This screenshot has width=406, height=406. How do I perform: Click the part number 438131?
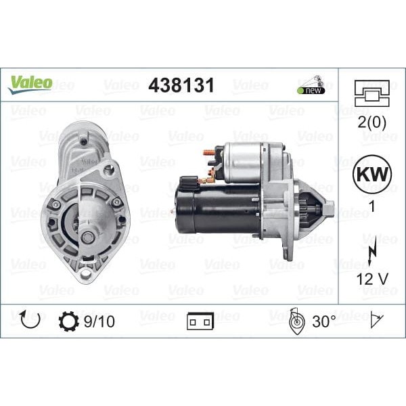point(181,85)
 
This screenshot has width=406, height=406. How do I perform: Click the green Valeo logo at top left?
point(30,83)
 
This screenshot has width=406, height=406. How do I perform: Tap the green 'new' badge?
point(311,90)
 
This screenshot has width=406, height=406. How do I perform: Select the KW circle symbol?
point(371,173)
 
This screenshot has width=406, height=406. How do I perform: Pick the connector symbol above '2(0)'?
point(371,93)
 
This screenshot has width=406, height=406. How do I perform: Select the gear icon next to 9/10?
point(68,321)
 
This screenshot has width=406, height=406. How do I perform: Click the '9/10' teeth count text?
point(99,321)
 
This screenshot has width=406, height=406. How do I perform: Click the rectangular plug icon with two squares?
point(200,322)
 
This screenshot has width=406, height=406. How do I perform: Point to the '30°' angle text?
point(324,321)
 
